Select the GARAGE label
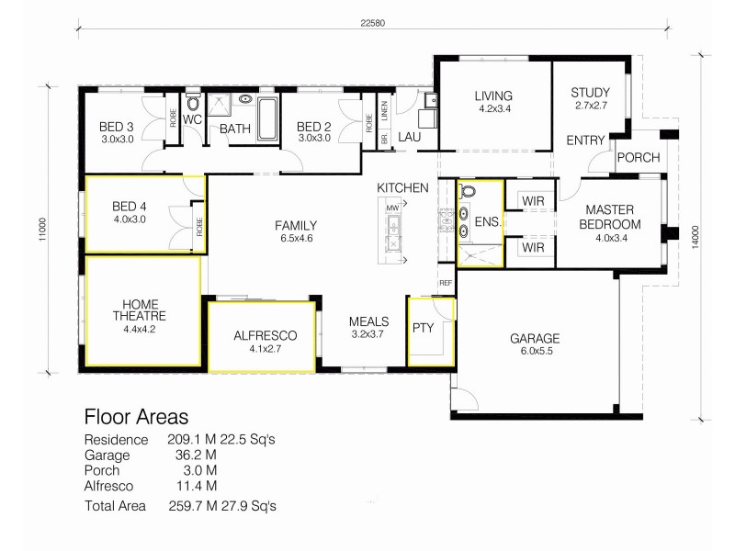[535, 338]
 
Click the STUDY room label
[589, 93]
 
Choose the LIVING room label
[493, 96]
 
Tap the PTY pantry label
[423, 326]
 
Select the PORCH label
[638, 158]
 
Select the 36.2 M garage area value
[198, 454]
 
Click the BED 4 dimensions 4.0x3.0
[130, 219]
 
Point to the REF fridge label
[446, 283]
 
